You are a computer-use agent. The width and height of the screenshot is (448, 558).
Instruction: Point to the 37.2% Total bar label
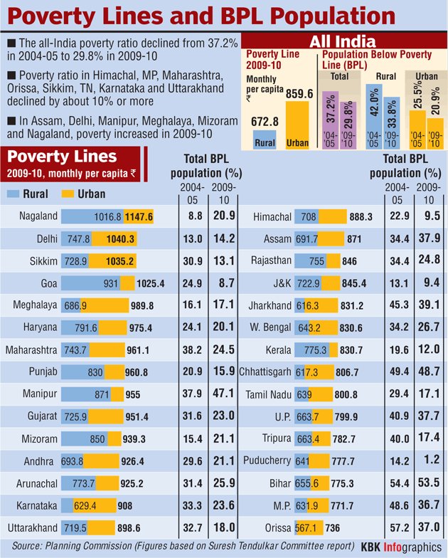click(331, 112)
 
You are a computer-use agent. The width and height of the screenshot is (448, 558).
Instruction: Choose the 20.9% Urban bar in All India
click(434, 132)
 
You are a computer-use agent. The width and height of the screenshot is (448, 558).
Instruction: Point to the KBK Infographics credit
click(400, 548)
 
